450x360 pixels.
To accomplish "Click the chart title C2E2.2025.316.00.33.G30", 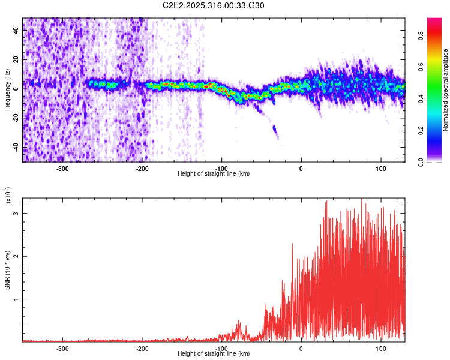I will click(214, 5).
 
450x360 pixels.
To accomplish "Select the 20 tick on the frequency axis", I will click(17, 59).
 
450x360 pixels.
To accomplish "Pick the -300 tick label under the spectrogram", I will click(62, 169).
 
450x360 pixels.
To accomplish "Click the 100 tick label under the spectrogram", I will click(380, 169).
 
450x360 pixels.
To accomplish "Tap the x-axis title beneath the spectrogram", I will click(214, 174).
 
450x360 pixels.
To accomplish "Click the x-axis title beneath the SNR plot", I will click(214, 354).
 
